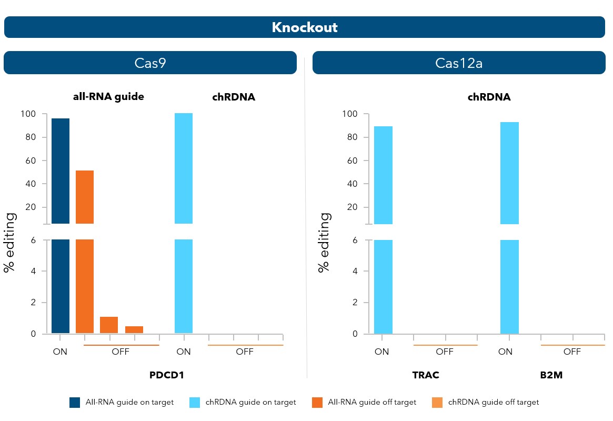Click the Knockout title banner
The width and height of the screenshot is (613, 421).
[305, 27]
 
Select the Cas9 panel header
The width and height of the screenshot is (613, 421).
[150, 63]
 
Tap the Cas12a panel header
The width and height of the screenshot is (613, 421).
[459, 63]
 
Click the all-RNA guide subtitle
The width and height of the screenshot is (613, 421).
[108, 97]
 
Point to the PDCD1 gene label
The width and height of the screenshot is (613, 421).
[167, 375]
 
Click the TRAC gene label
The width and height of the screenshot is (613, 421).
[426, 375]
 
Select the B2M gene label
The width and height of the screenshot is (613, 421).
[551, 375]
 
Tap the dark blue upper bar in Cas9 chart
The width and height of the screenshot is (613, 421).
[61, 171]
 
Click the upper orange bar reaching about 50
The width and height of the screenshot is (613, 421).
[85, 197]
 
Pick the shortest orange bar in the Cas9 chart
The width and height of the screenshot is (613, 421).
[134, 330]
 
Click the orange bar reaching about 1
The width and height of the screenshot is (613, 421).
[109, 325]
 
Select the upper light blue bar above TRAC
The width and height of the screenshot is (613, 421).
[383, 175]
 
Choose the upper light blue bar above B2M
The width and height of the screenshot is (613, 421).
[509, 173]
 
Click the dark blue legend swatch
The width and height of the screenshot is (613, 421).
[75, 403]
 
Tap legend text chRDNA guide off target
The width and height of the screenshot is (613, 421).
[494, 403]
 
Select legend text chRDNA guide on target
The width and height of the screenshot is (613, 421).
[250, 403]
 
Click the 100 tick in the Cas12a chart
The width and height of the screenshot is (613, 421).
[349, 114]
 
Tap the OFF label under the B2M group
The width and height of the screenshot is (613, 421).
[572, 352]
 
